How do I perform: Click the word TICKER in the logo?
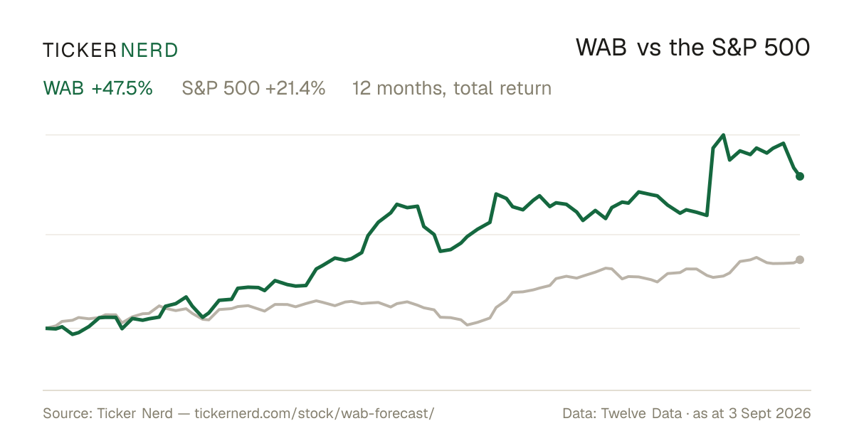point(80,50)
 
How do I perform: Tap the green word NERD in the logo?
point(149,50)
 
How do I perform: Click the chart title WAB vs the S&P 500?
point(692,48)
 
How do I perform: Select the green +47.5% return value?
point(122,88)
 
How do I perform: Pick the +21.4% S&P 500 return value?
point(295,88)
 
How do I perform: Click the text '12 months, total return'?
point(452,89)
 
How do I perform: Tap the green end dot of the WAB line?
point(800,176)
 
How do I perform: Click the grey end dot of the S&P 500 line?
point(800,260)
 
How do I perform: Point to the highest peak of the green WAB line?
point(723,135)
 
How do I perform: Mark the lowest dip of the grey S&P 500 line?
point(468,325)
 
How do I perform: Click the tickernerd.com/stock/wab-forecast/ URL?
point(314,413)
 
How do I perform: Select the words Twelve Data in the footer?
point(641,413)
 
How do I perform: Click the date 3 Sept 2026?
point(770,413)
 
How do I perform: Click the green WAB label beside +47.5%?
point(63,88)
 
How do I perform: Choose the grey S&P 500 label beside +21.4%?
point(221,88)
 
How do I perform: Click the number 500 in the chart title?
point(787,48)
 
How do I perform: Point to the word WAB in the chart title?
point(601,48)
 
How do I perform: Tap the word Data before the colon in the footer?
point(578,413)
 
